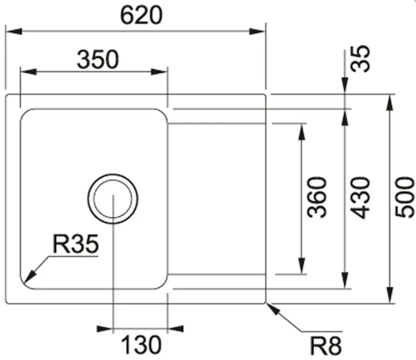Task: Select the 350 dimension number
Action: point(97,59)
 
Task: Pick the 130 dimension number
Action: point(141,345)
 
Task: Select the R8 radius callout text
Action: point(325,346)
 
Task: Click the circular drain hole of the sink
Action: point(113,197)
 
